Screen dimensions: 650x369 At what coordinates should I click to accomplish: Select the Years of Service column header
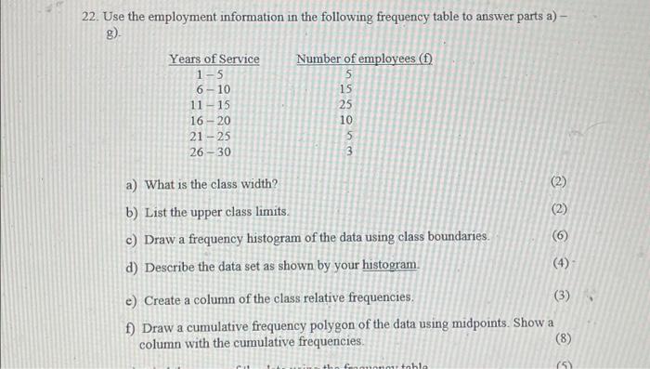click(x=214, y=59)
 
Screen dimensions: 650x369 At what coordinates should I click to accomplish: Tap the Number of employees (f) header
click(x=364, y=59)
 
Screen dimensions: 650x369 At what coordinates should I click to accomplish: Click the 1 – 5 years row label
click(x=213, y=74)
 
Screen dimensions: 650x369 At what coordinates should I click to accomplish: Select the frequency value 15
click(x=346, y=90)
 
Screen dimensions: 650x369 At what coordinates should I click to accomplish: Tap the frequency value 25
click(x=346, y=105)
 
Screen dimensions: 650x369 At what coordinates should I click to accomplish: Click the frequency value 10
click(x=346, y=121)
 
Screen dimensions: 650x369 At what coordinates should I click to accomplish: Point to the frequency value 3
click(x=348, y=152)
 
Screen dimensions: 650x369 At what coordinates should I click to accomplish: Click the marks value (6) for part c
click(x=559, y=236)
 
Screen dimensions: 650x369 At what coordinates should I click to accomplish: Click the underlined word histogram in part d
click(x=390, y=265)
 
